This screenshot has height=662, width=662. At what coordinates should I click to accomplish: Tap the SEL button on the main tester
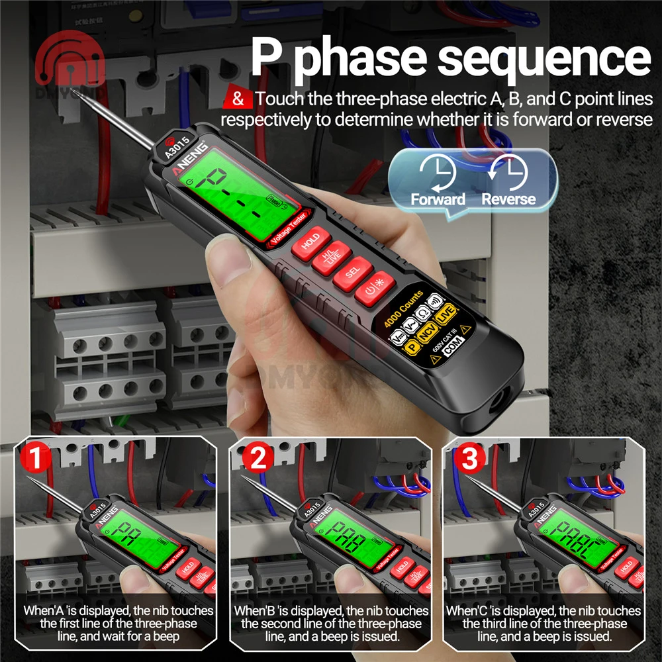351,272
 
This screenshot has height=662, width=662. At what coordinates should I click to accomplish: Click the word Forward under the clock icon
438,199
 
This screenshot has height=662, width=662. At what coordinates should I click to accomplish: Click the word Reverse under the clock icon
508,199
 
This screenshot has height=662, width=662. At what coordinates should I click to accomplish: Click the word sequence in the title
544,59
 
